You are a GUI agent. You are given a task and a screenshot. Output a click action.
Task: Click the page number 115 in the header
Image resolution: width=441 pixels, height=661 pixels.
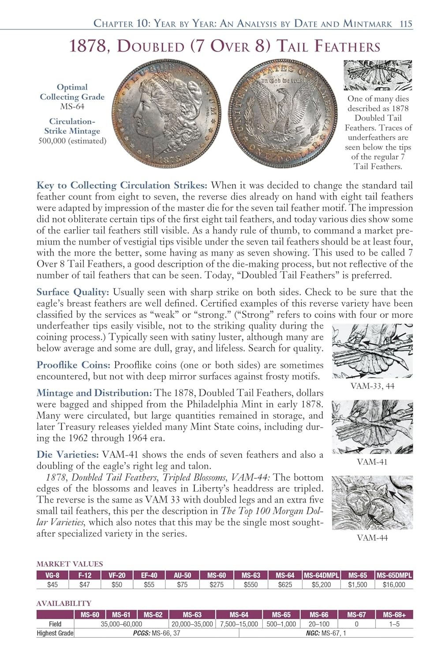click(406, 24)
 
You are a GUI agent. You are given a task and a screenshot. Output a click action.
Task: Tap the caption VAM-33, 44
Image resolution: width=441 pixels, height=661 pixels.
click(372, 386)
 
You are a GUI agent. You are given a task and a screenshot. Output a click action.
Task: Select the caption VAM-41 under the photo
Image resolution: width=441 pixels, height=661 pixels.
click(372, 462)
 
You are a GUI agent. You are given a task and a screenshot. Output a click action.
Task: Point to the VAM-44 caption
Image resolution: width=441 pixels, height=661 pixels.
click(372, 538)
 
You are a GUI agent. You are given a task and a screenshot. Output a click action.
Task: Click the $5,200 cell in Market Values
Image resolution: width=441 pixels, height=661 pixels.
click(321, 584)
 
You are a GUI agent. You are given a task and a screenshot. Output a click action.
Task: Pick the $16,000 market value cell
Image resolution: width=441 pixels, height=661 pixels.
click(394, 584)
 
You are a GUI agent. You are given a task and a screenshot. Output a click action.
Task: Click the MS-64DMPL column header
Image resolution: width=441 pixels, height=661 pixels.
click(321, 575)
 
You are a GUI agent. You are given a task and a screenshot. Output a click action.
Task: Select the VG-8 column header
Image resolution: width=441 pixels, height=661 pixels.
click(52, 575)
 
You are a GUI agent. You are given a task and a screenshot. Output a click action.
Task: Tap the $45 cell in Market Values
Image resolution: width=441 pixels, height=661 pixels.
click(52, 584)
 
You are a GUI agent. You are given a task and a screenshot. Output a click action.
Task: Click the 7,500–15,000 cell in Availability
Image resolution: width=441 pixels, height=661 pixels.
click(239, 624)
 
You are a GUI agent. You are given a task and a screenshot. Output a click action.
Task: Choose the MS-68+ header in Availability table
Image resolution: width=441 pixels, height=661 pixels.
click(394, 615)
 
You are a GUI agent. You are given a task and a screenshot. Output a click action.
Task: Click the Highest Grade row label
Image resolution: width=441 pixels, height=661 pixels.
click(55, 633)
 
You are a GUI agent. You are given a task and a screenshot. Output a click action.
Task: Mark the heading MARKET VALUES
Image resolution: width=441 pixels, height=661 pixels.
click(69, 564)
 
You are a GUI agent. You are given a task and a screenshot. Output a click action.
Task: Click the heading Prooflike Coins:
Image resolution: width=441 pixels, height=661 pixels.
click(74, 365)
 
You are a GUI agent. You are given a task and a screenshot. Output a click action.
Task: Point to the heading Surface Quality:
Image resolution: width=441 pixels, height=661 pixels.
click(73, 292)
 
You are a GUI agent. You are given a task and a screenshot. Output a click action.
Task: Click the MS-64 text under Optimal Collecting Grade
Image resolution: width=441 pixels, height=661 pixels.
click(72, 107)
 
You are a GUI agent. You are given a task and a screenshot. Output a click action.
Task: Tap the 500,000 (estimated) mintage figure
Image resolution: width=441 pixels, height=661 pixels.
click(72, 141)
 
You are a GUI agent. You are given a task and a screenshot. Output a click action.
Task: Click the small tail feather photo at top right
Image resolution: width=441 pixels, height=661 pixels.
click(377, 75)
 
